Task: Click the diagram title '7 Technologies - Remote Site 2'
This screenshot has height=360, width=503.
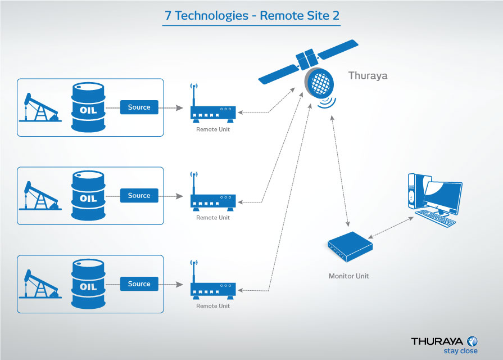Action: (x=252, y=16)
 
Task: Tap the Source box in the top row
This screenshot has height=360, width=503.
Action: (x=139, y=107)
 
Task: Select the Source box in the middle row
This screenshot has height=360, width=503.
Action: (x=139, y=196)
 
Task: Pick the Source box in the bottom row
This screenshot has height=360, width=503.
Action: (x=139, y=284)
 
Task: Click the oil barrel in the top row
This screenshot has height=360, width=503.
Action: (x=88, y=109)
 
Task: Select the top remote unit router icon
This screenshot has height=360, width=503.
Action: (x=212, y=112)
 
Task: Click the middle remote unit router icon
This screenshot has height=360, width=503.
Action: (x=212, y=200)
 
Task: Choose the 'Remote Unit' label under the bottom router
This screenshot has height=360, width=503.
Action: (x=213, y=306)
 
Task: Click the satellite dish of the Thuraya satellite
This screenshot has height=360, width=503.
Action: (x=320, y=84)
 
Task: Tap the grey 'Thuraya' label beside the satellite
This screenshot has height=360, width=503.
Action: (x=368, y=75)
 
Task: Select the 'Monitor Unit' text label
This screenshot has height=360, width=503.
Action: (x=348, y=276)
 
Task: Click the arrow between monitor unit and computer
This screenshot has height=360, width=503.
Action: (x=389, y=228)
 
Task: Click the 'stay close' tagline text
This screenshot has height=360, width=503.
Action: (x=460, y=351)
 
